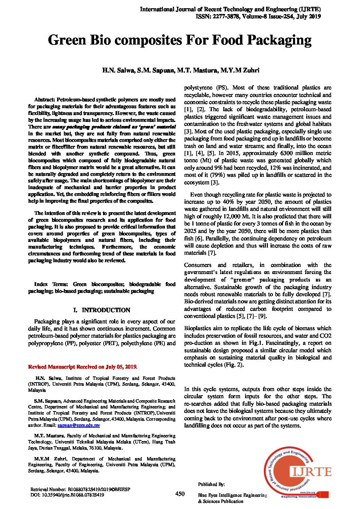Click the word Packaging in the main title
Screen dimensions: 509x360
279,40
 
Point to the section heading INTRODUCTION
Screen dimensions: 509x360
106,310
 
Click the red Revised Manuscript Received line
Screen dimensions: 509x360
83,367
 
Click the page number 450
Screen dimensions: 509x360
180,494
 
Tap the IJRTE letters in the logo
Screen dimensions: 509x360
311,472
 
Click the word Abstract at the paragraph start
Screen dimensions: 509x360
45,100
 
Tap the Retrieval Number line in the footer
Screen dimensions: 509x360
80,489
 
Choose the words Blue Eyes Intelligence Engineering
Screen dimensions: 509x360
232,495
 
